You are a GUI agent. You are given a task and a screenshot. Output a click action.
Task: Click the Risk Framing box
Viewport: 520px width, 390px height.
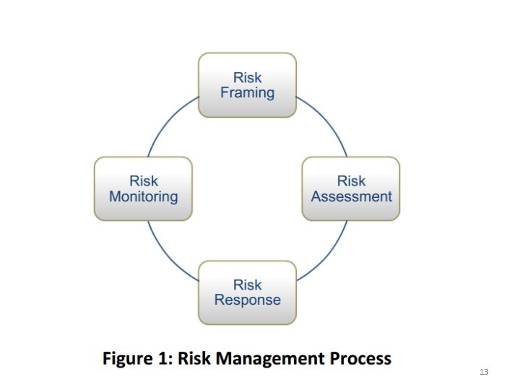[x=247, y=84]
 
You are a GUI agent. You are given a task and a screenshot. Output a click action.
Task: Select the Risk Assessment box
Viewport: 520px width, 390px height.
[x=350, y=188]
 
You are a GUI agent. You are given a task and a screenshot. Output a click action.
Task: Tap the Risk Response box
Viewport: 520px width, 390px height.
[x=247, y=292]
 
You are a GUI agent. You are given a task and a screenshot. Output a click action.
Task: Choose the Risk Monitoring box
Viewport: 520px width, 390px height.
[x=143, y=188]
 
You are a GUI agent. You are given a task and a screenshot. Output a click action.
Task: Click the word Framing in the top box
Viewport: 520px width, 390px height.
[x=247, y=93]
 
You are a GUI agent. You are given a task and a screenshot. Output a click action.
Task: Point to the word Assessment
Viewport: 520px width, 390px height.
[x=351, y=196]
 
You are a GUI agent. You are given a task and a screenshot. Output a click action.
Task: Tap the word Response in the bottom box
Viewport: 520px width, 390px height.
[x=247, y=300]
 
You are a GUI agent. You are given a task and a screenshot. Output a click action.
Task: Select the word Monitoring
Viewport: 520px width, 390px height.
[x=143, y=196]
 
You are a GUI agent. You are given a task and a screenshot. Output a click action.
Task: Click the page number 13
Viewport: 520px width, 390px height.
[x=484, y=372]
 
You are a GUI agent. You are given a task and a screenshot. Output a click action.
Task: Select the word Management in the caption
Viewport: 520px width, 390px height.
[x=274, y=358]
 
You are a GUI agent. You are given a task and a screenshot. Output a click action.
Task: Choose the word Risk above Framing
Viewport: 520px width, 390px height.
[x=247, y=77]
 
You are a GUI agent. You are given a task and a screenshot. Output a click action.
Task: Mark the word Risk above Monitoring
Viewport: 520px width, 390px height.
[x=143, y=181]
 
